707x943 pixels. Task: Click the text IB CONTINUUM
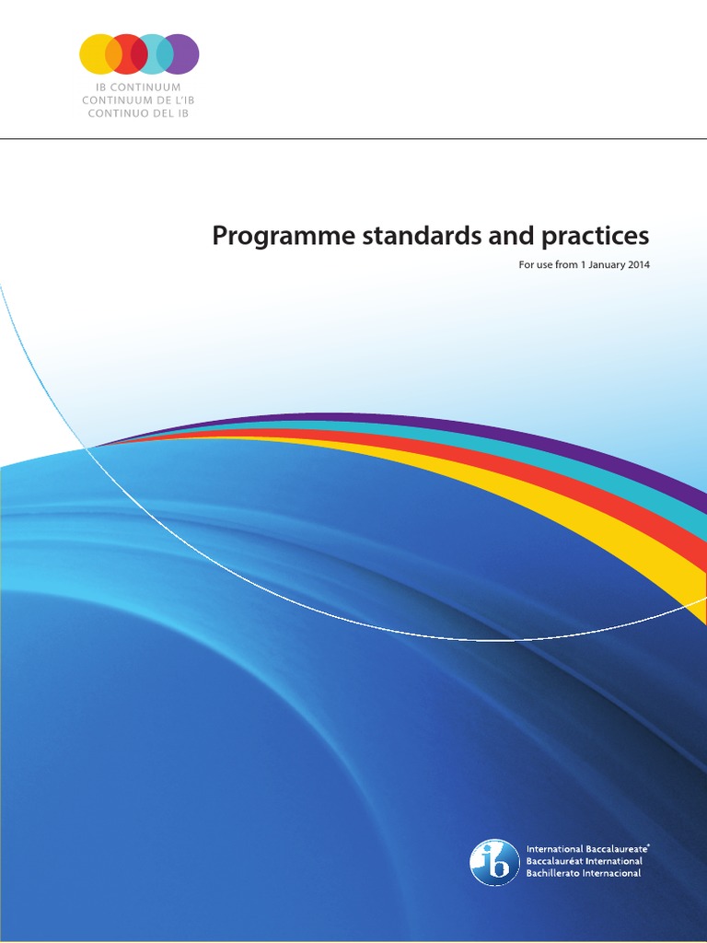coord(139,87)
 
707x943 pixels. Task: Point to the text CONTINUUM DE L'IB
coord(139,100)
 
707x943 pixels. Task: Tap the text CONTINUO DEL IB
coord(139,113)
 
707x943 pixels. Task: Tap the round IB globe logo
coord(494,862)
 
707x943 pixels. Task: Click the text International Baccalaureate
coord(586,848)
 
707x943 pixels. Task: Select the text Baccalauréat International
coord(584,860)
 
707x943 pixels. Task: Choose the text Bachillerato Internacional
coord(583,872)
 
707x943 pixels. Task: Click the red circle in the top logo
coord(126,53)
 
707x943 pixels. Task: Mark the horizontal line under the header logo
coord(353,139)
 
